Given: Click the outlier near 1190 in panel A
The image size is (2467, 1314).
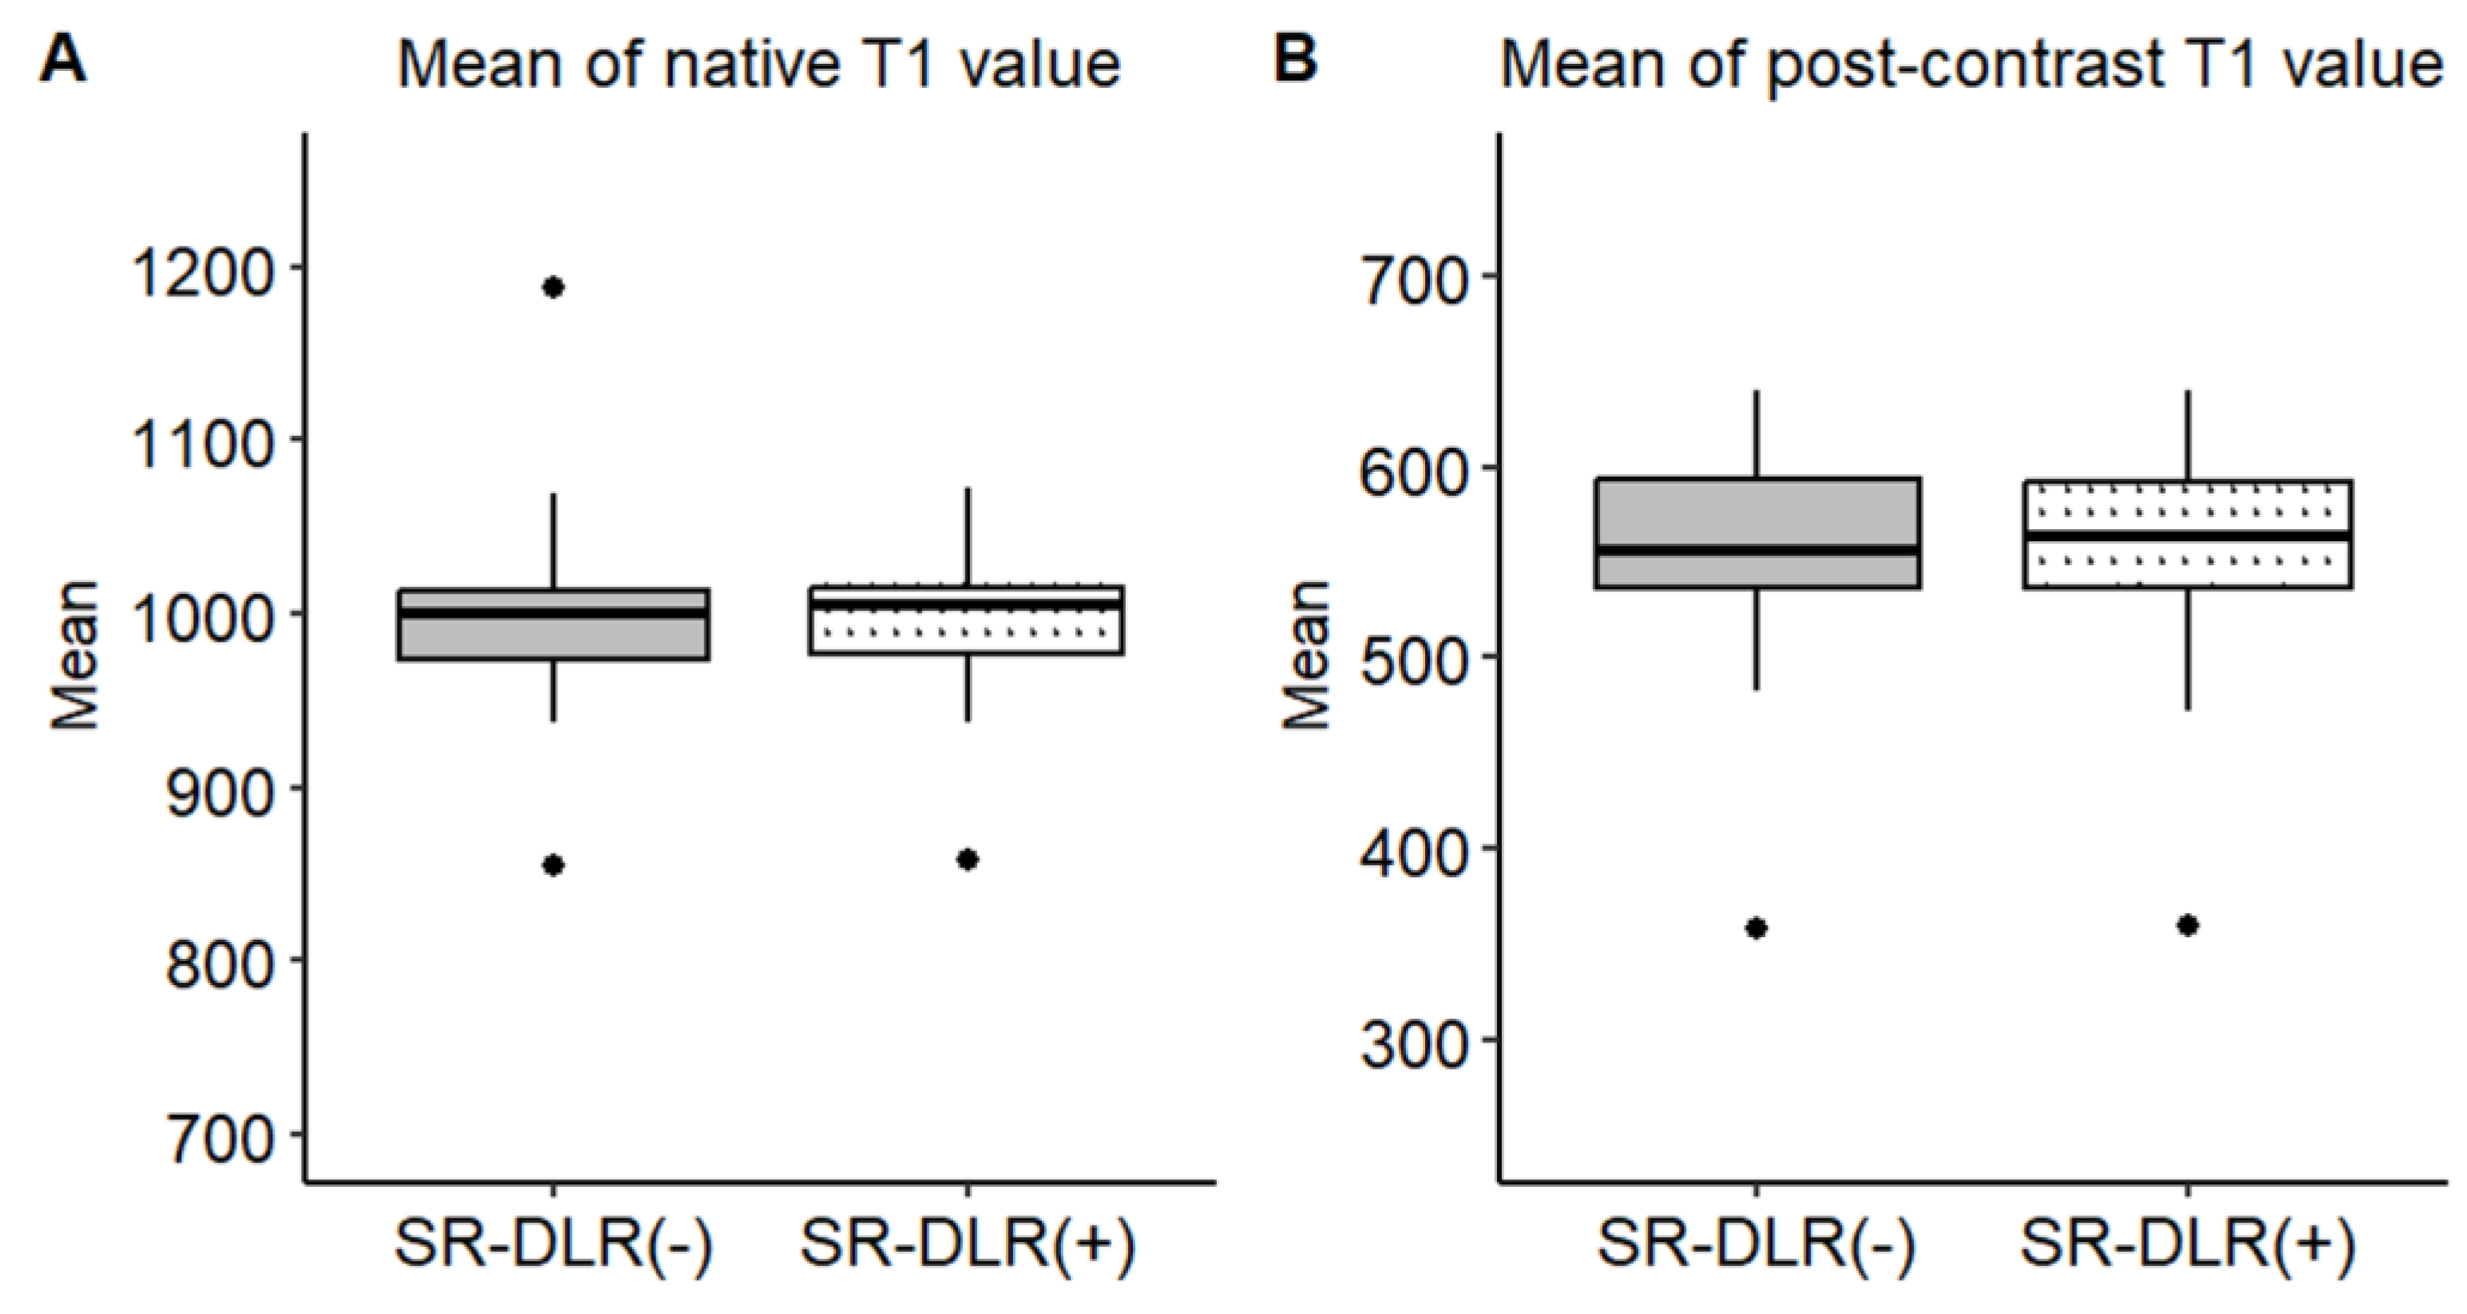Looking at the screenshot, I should (x=553, y=287).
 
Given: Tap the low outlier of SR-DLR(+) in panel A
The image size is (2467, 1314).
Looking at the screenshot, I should (x=968, y=860).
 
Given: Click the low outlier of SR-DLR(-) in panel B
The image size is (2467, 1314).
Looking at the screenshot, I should (x=1756, y=928).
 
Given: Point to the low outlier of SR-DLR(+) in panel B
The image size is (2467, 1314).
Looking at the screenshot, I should (x=2188, y=925).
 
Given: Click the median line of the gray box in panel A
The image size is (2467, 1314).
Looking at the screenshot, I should (x=553, y=613).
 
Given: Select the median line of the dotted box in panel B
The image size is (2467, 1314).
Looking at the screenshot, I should (x=2188, y=536).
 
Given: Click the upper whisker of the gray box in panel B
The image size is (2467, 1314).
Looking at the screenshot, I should (x=1756, y=433).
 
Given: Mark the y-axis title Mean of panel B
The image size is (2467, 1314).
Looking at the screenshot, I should (x=1307, y=655).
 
